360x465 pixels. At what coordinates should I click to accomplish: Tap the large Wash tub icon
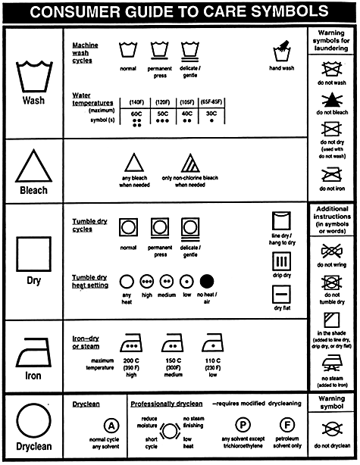pos(33,73)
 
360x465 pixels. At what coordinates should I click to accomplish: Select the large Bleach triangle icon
pos(33,165)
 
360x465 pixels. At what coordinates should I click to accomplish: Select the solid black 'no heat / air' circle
pos(207,281)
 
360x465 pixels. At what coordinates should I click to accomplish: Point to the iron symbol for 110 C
pos(211,344)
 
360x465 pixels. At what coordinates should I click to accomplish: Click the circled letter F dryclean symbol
pos(288,425)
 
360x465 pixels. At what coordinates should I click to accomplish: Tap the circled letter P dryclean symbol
pos(243,425)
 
